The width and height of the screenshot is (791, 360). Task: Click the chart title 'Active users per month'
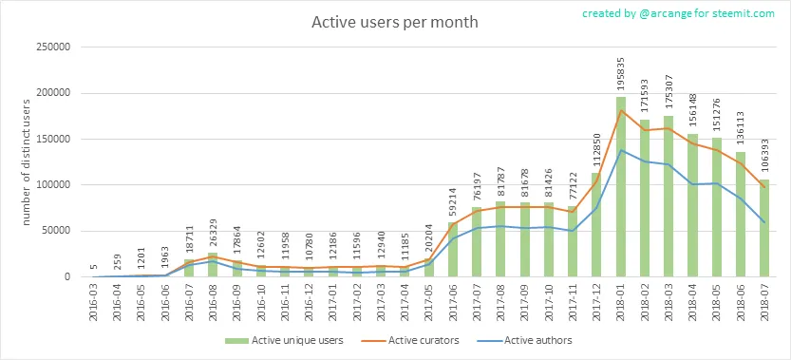(394, 23)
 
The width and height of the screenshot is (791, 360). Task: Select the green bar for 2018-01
(620, 187)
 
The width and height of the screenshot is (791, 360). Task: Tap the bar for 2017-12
(596, 225)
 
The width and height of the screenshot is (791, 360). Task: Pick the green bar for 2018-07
(764, 228)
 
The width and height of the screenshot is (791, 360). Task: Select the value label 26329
(213, 233)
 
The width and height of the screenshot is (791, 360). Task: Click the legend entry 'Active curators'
(410, 340)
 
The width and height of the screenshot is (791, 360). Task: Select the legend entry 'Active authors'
(525, 340)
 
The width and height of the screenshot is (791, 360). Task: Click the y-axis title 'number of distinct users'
(28, 161)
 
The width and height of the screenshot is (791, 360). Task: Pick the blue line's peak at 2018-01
(620, 150)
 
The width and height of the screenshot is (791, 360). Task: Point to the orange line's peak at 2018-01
(620, 110)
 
